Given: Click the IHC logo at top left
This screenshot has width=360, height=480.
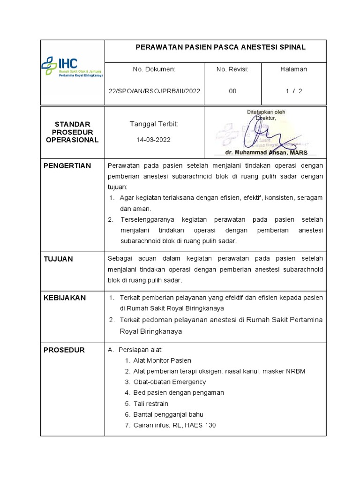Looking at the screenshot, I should coord(72,67).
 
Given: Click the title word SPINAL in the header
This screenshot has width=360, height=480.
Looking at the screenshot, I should coord(290,47).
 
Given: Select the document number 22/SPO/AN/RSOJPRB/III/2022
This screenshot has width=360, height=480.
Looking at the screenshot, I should coord(154,91).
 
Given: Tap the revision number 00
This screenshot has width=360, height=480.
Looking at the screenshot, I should coord(233,91).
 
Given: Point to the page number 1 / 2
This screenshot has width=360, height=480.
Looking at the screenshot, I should coord(294,91).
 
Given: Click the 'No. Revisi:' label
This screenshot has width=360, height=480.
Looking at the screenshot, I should coord(232,69).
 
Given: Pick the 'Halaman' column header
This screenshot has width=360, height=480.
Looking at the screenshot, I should coord(293,69).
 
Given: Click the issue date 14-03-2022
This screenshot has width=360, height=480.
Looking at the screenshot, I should coord(154,140).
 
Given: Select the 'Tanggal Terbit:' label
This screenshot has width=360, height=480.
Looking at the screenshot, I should coord(154,124).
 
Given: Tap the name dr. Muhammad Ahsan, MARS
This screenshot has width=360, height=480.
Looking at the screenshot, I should coord(265,152).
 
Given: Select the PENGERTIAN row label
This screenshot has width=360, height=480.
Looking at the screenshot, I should coord(67,166).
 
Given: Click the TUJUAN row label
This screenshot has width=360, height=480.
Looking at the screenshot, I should coord(58,259).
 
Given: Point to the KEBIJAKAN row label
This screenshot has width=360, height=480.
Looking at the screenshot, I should coord(64,298).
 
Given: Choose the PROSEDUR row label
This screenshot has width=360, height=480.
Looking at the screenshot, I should coord(64,350).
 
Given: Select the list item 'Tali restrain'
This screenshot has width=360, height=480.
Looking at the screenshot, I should coord(150,404).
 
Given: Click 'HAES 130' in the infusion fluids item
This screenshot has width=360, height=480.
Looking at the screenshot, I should coord(201,425).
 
